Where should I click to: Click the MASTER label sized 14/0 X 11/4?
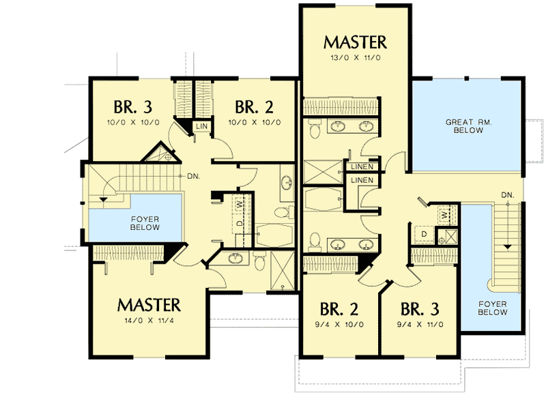[x=148, y=304]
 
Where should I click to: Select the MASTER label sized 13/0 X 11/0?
[x=356, y=42]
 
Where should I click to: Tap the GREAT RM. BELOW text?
[x=464, y=126]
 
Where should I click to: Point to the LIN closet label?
[x=202, y=127]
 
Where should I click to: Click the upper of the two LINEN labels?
[x=361, y=167]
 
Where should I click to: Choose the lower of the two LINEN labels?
[x=361, y=180]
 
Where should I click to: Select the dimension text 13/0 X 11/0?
[x=356, y=57]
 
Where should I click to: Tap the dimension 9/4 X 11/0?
[x=419, y=324]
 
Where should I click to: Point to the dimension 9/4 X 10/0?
[x=339, y=324]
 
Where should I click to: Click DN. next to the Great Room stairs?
[x=507, y=196]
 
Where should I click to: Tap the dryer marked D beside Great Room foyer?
[x=423, y=233]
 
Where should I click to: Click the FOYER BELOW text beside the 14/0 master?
[x=144, y=223]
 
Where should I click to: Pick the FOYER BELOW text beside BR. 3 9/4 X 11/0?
[x=492, y=308]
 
